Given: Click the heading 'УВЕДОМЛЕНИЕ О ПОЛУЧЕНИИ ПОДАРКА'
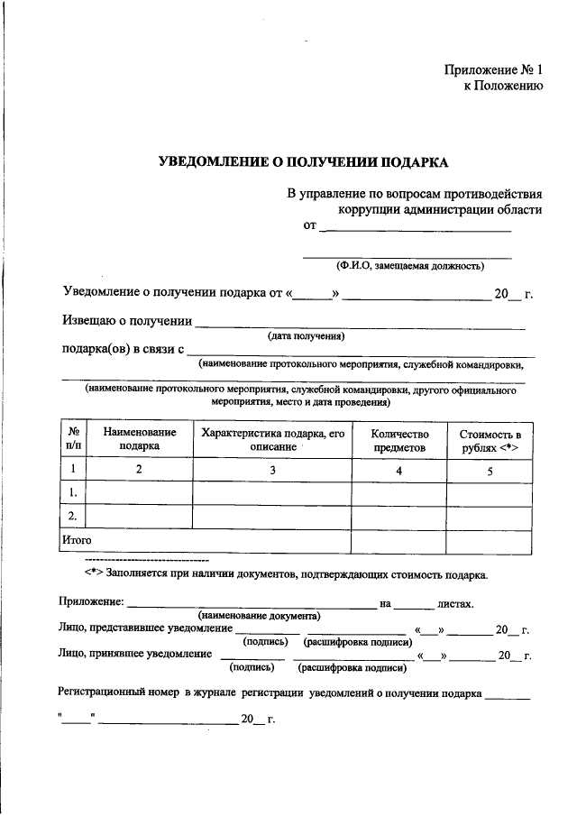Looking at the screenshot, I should (303, 162).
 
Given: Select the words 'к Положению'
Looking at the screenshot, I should (503, 87).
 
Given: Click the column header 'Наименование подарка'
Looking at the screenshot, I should (139, 439).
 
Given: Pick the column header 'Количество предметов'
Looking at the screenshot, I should (398, 439).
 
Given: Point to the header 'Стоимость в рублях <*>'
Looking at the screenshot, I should (490, 439).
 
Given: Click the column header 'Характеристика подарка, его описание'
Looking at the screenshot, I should (272, 439).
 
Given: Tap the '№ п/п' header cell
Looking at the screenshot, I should (73, 439).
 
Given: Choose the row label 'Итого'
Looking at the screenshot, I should (77, 539).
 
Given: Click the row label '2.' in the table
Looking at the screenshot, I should (71, 516).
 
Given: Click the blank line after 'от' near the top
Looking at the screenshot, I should (416, 229).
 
